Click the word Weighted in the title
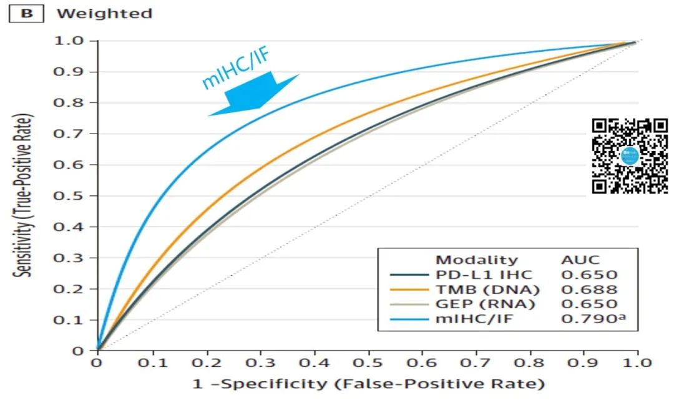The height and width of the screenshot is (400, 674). tap(104, 14)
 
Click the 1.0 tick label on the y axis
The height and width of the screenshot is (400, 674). tap(72, 41)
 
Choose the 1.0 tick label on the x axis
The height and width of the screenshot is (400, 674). tap(637, 363)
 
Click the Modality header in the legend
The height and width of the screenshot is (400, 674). tap(476, 260)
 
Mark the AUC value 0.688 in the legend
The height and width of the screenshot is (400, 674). tap(589, 290)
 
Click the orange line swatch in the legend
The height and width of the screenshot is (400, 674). tap(408, 290)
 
